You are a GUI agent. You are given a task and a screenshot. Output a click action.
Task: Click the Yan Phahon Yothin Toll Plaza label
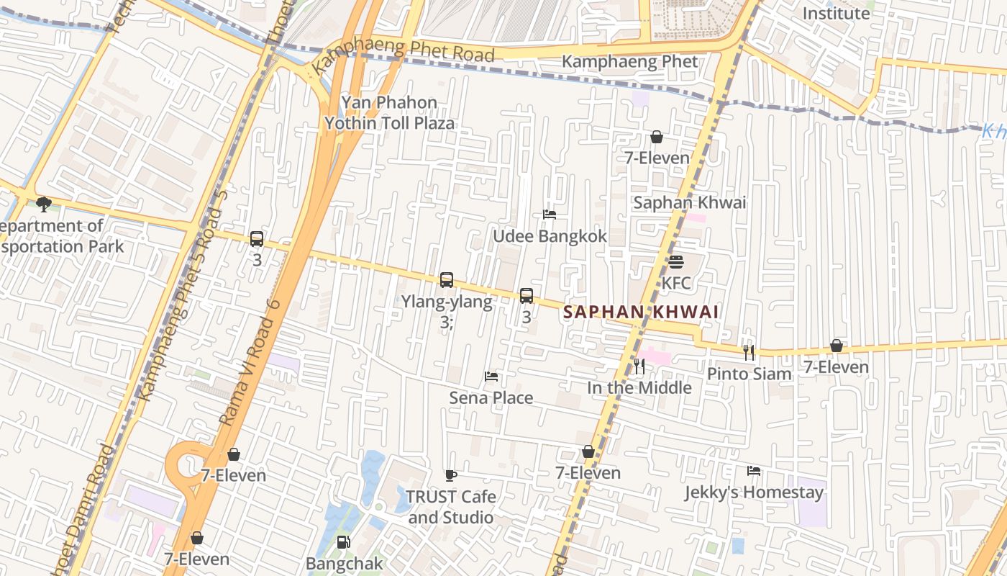[x=389, y=113]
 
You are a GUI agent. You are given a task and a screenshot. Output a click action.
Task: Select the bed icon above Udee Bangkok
[x=550, y=215]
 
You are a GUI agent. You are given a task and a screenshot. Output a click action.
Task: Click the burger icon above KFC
[x=675, y=262]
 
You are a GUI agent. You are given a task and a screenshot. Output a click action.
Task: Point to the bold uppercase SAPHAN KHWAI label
[x=641, y=312]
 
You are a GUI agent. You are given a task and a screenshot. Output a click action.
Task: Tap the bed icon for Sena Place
[x=491, y=377]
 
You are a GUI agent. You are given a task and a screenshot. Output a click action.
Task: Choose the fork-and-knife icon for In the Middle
[x=639, y=366]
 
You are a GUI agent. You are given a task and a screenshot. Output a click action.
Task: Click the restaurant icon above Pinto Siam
[x=749, y=352]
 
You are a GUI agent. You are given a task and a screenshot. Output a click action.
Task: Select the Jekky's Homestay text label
[x=754, y=492]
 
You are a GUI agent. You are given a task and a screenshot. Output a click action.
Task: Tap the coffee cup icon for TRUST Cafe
[x=451, y=475]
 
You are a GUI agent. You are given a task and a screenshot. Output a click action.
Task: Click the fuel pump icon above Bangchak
[x=344, y=542]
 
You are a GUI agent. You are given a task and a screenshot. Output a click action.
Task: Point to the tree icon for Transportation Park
[x=44, y=204]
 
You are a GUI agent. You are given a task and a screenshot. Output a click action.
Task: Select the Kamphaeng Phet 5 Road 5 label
[x=183, y=295]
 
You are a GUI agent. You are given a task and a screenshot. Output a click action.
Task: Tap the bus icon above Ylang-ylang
[x=447, y=280]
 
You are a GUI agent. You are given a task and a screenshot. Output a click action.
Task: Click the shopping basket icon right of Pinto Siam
[x=836, y=346]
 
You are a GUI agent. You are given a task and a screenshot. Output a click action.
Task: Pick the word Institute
[x=836, y=13]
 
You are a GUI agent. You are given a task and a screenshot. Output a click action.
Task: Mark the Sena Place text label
[x=491, y=397]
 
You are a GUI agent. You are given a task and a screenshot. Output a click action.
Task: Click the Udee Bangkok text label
[x=550, y=236]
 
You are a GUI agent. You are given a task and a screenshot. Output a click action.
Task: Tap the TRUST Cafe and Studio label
[x=451, y=507]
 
